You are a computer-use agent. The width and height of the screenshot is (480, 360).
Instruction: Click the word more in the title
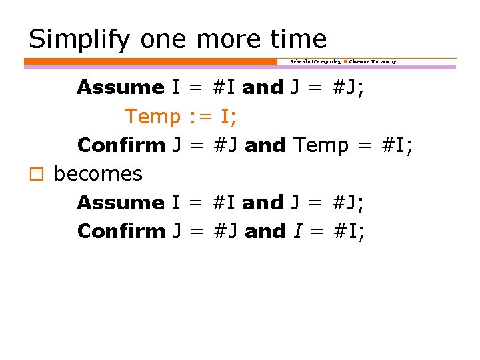(225, 39)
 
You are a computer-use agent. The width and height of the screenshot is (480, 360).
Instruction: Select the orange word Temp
(153, 117)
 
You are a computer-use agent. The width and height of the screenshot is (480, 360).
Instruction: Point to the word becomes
(98, 174)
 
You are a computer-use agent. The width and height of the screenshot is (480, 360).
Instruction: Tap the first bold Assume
(121, 87)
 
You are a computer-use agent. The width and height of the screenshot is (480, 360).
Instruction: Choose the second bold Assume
(121, 202)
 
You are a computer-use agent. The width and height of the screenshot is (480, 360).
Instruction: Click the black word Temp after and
(321, 145)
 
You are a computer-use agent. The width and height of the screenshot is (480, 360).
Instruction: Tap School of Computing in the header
(315, 61)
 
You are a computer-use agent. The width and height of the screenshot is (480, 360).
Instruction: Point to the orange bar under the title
(150, 61)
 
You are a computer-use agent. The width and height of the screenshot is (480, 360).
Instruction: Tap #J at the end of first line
(345, 87)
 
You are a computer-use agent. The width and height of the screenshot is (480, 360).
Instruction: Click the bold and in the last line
(265, 231)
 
